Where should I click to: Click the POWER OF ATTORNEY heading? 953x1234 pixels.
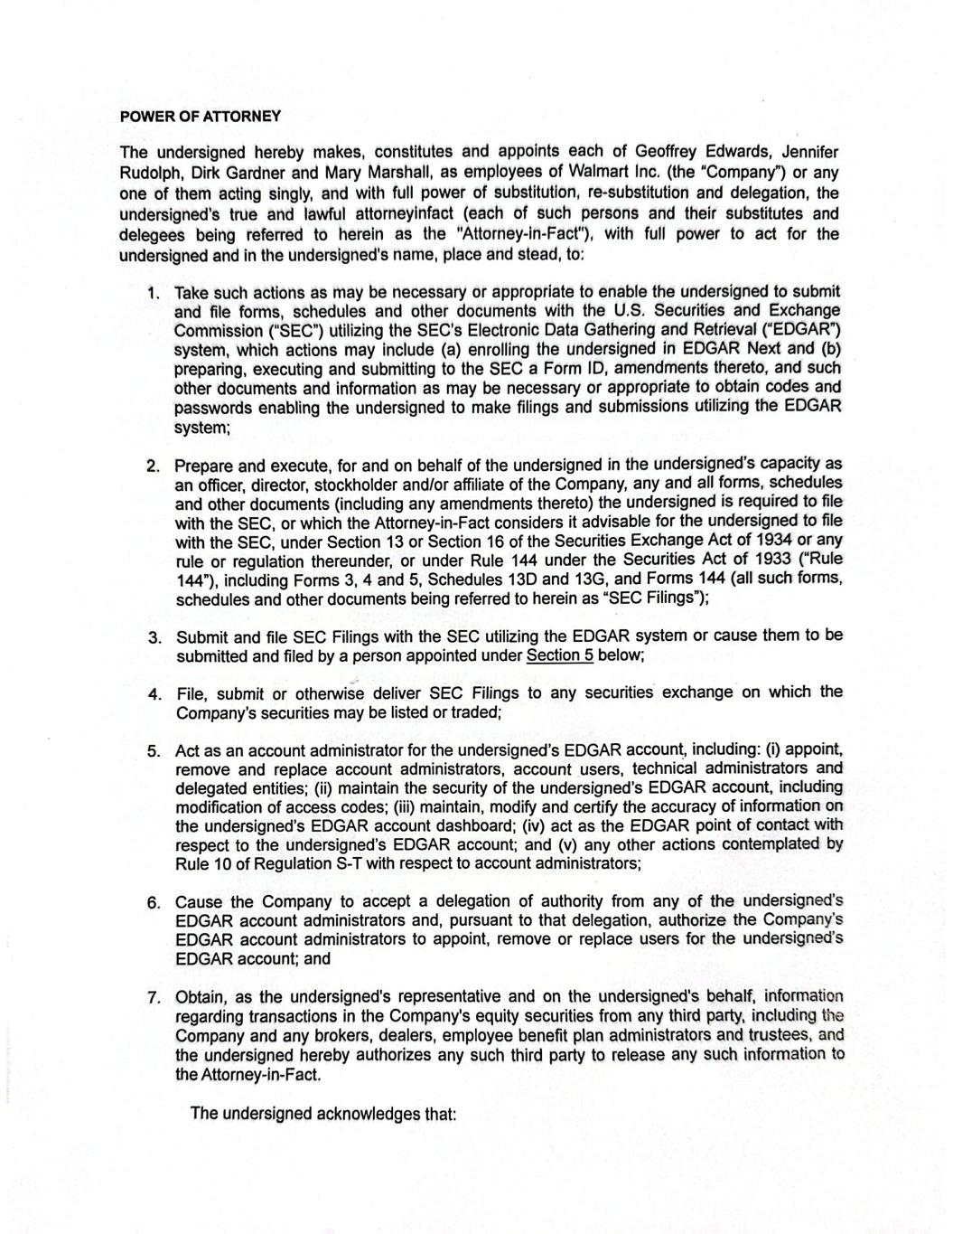click(x=201, y=117)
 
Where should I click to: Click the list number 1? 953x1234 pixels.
click(x=154, y=293)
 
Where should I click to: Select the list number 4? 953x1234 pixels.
click(x=154, y=694)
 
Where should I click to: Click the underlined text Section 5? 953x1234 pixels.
click(x=559, y=655)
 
